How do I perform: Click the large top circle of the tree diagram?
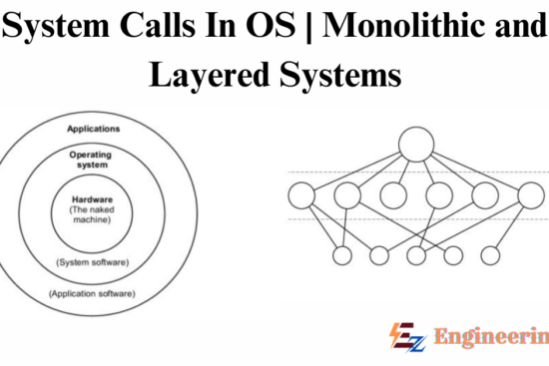point(417,145)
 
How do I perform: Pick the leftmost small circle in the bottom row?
point(342,256)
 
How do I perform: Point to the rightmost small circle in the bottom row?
point(489,256)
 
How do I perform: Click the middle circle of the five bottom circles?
point(415,256)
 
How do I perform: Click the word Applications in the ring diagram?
point(94,130)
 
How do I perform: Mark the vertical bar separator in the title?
point(311,27)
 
